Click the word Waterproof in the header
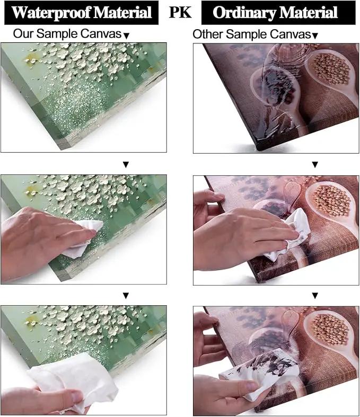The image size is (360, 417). coord(51,13)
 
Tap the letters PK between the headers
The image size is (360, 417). coord(180,12)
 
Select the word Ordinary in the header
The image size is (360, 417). coord(244,13)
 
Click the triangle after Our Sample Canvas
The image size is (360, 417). coord(127,36)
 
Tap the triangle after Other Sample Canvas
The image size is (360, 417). coord(315,36)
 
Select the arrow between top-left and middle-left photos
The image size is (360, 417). coord(126,165)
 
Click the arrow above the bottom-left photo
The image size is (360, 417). coord(126,296)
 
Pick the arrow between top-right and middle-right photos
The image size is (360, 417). coord(315,165)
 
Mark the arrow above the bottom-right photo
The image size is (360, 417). coord(315,296)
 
